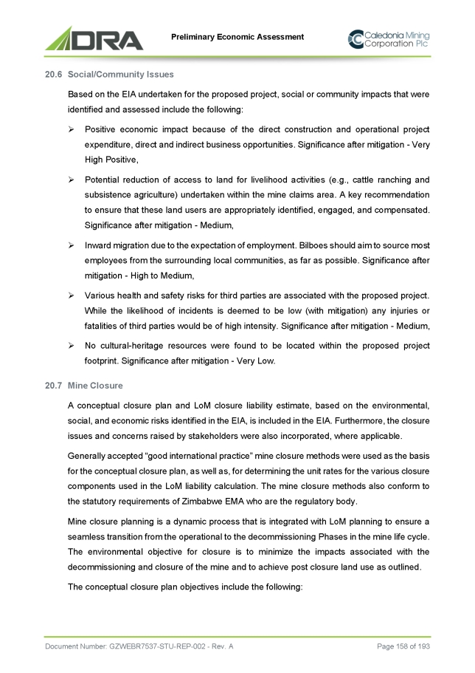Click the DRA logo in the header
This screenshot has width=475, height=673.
(x=94, y=38)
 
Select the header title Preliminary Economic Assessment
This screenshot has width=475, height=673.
(x=237, y=37)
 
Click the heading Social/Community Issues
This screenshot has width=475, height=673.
(x=120, y=75)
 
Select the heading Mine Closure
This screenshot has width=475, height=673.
(x=95, y=386)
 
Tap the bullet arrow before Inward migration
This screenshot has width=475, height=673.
(x=71, y=245)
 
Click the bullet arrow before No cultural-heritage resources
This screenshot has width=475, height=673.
(x=71, y=345)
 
